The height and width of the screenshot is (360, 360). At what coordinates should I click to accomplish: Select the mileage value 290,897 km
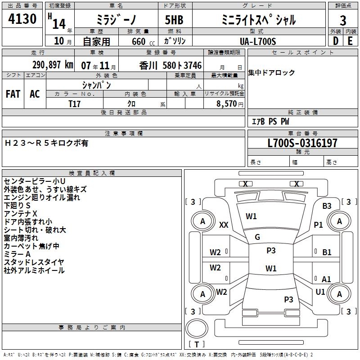tap(53, 65)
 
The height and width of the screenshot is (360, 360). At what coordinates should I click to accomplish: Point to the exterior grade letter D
tap(335, 41)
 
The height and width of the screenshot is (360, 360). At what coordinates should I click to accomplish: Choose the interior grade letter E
tap(350, 41)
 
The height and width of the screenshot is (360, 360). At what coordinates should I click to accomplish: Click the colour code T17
tap(75, 103)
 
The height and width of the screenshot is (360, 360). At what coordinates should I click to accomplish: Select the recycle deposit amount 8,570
tap(226, 103)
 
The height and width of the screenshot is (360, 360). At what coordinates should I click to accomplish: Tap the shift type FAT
tap(13, 94)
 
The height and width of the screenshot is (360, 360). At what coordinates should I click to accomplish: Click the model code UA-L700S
tap(258, 41)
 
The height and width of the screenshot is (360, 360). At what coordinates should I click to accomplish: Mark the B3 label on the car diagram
tap(327, 206)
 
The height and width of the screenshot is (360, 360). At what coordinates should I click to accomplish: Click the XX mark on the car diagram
tap(224, 225)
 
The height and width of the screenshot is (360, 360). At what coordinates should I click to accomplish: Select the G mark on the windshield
tap(257, 237)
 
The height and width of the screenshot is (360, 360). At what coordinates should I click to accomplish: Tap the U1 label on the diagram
tap(320, 292)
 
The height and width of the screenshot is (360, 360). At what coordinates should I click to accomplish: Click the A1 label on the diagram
tap(326, 279)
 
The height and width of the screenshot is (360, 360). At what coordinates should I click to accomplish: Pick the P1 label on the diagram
tap(319, 225)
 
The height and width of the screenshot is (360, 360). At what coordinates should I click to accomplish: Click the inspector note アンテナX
tap(21, 213)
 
